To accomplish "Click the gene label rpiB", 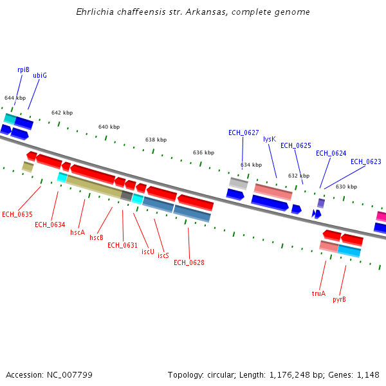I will (24, 69).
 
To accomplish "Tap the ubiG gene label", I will (40, 75).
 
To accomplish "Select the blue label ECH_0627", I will (243, 133).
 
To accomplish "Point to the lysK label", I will (270, 139).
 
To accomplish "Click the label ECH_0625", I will (296, 145).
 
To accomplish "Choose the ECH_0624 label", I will (331, 153).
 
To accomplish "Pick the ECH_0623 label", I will (365, 161).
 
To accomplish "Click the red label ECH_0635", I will (17, 214).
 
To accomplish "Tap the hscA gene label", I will (78, 232).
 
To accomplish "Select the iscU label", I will (148, 252).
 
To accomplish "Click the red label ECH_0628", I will (189, 262).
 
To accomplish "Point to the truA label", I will (318, 293).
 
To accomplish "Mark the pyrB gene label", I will (339, 299).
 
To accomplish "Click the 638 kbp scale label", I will (156, 140).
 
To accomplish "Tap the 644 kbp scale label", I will (15, 98).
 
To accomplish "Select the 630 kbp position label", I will (346, 187).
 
